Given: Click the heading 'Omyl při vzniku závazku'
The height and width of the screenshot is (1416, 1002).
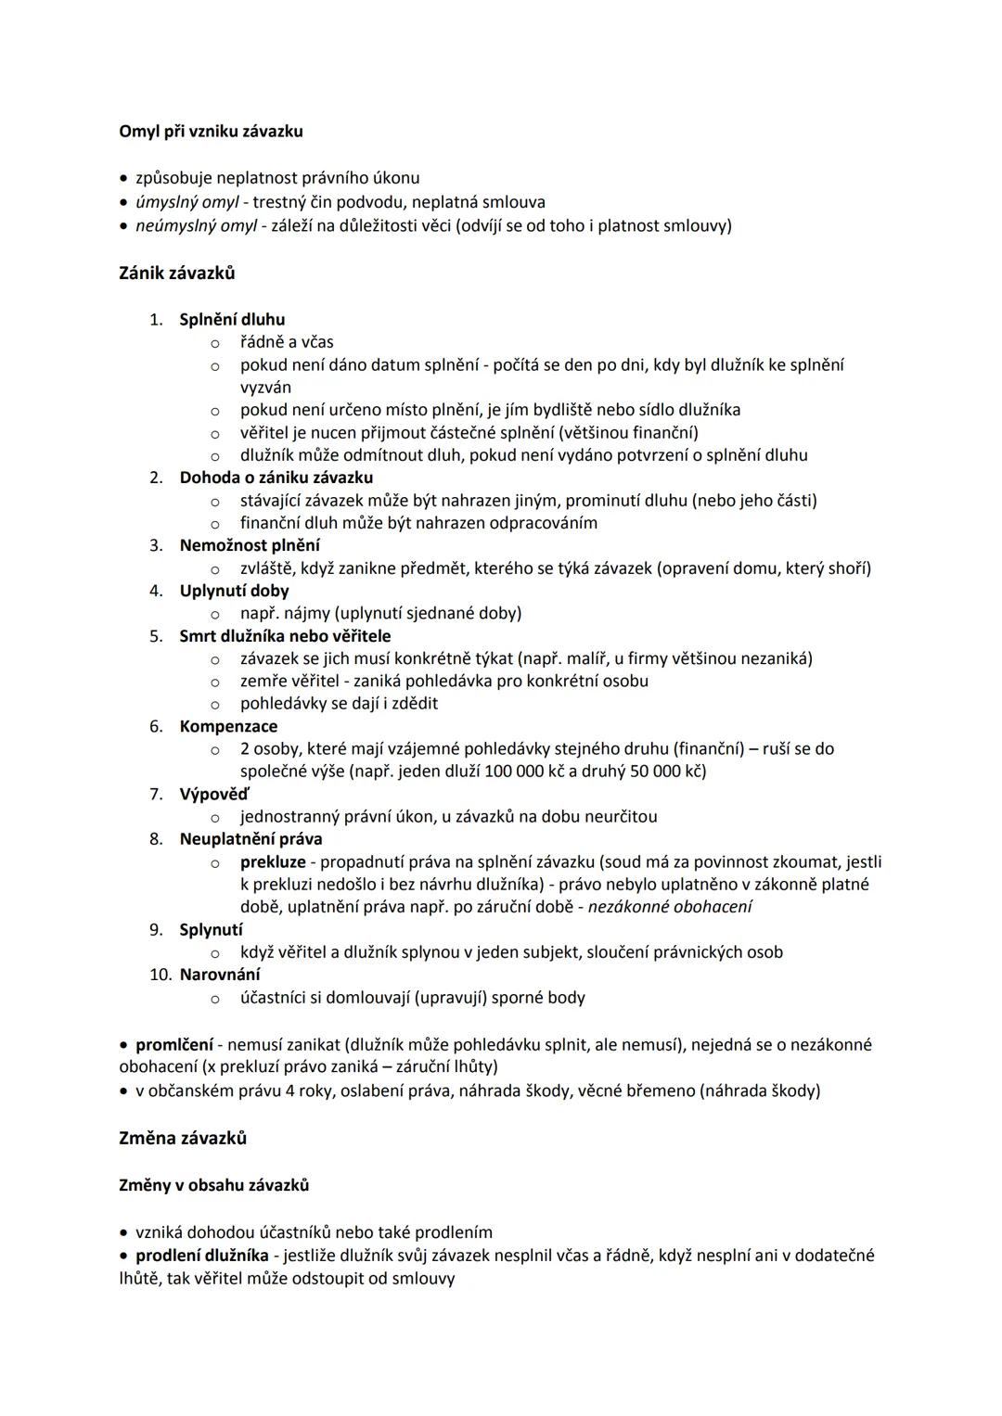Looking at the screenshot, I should [211, 132].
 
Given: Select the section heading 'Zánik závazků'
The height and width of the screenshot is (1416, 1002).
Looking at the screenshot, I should [177, 273].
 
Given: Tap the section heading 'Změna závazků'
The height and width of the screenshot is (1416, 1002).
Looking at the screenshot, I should [183, 1138].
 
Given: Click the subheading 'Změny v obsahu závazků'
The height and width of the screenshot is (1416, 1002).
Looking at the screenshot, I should [214, 1185].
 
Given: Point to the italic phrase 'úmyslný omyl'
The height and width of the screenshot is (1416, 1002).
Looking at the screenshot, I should [186, 202].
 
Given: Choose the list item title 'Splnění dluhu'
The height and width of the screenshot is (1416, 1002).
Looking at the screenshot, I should [232, 319].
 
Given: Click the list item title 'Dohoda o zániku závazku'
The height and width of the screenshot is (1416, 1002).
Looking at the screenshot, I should [276, 478].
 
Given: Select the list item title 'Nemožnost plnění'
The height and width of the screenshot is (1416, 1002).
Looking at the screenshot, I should [250, 545].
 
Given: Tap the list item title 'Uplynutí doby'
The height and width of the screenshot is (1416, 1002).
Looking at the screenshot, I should [234, 591].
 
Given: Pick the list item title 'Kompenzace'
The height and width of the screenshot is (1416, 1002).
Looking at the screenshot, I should [228, 726].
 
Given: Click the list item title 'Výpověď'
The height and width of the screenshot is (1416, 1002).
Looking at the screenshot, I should [214, 794].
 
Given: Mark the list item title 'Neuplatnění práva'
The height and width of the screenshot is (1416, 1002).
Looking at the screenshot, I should [250, 839].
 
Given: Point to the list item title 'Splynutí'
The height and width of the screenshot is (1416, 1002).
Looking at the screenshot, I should [212, 929].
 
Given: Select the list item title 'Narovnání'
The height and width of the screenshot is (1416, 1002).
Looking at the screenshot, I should [220, 975].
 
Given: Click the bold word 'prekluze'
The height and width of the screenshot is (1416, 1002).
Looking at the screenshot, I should [273, 862].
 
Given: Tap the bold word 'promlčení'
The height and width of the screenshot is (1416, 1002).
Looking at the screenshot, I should [174, 1045].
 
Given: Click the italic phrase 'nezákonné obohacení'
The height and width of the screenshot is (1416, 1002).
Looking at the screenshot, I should [670, 907].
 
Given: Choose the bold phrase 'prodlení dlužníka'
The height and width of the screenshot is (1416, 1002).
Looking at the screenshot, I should [202, 1256].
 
